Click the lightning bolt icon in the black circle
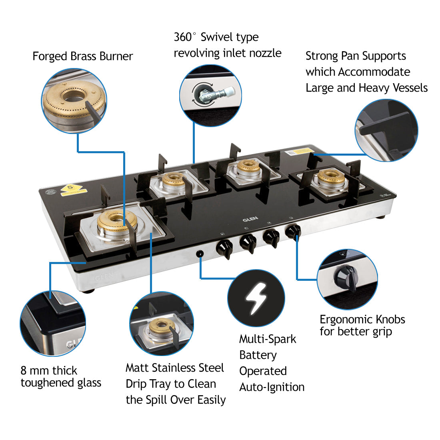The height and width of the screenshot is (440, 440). (256, 298)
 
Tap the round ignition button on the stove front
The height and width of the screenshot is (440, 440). (200, 254)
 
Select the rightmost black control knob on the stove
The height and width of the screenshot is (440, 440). (294, 232)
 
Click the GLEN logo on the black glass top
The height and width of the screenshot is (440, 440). (250, 219)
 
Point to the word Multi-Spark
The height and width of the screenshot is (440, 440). (268, 339)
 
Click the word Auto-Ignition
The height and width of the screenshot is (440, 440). (272, 387)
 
